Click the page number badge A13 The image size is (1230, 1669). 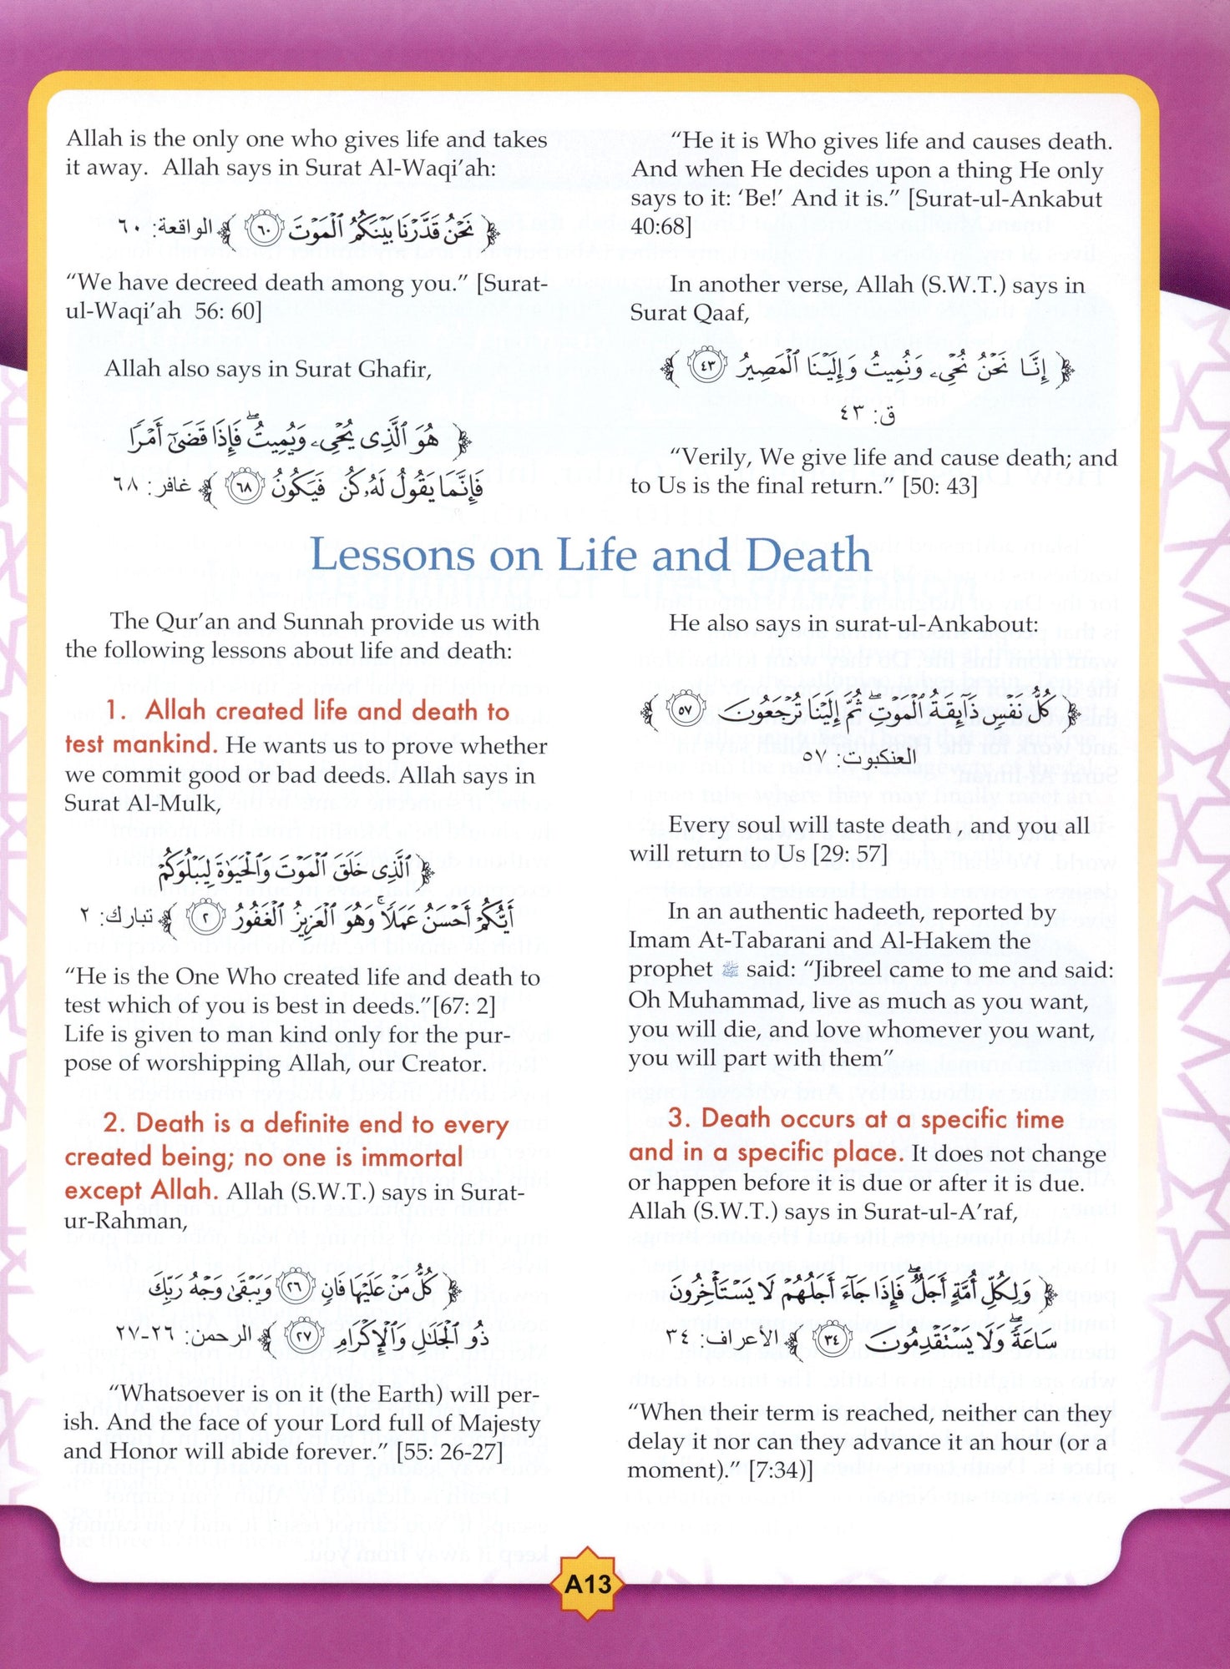[x=588, y=1584]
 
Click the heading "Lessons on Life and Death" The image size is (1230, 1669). [x=590, y=556]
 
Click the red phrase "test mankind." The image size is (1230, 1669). [x=140, y=744]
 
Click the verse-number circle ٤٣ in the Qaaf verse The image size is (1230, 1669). [x=706, y=367]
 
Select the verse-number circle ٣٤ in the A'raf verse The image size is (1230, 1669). [x=830, y=1341]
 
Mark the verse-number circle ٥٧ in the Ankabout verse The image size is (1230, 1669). [x=686, y=711]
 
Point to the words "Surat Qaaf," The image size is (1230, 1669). [x=690, y=313]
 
